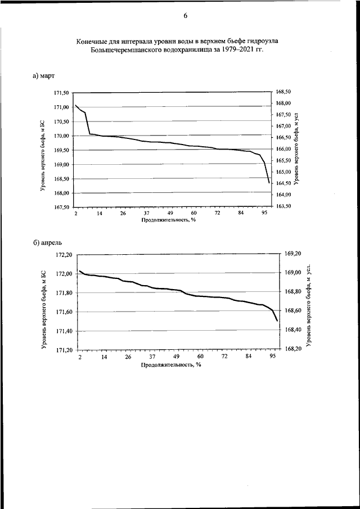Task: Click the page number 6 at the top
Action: pos(186,16)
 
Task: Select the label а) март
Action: pos(43,76)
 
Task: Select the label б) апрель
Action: pos(47,243)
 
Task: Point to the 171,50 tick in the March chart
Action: pos(61,93)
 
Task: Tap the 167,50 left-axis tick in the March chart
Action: pos(61,207)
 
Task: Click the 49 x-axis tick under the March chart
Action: pos(170,213)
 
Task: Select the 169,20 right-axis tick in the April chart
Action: pos(292,254)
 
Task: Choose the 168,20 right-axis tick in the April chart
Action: pos(292,349)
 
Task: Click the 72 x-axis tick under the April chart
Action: pos(224,357)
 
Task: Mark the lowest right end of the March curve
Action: pos(269,183)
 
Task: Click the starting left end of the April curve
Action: pos(80,271)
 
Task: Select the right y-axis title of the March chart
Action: pos(296,148)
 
